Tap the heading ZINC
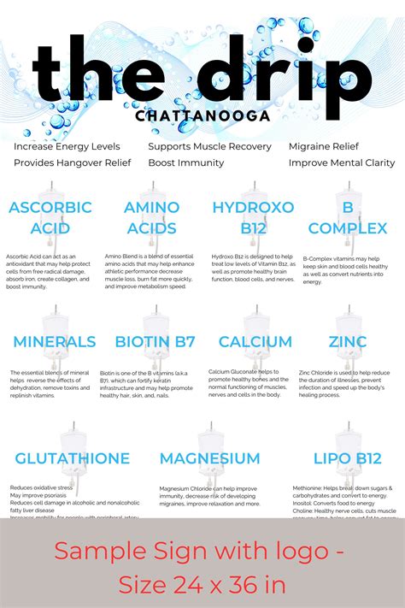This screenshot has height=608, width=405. (348, 342)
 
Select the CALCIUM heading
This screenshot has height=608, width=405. (255, 342)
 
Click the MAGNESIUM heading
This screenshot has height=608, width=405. (209, 458)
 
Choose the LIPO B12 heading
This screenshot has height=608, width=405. (347, 458)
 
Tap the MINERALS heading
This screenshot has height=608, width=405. (54, 342)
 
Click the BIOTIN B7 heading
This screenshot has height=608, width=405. (155, 342)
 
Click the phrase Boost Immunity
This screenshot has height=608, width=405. (186, 162)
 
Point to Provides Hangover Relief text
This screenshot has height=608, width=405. (73, 162)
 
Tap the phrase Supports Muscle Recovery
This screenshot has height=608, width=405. (209, 146)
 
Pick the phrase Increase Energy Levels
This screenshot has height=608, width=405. (67, 146)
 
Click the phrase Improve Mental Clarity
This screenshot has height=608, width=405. (342, 162)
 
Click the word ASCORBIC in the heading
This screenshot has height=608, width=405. (50, 208)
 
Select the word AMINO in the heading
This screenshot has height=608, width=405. (151, 208)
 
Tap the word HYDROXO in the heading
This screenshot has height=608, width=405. (253, 208)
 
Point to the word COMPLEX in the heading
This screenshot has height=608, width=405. (348, 228)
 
